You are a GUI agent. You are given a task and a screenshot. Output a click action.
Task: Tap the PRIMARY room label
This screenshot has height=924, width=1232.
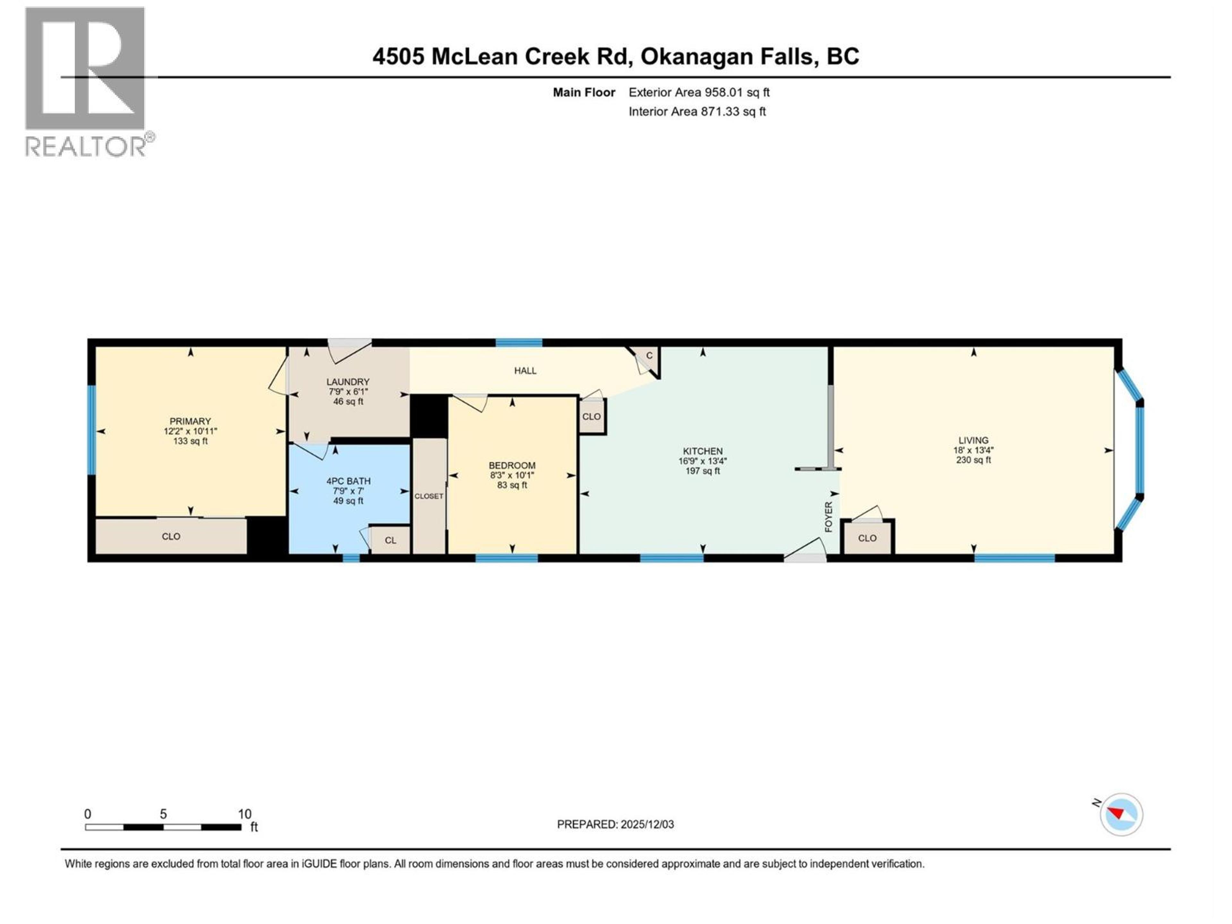pyautogui.click(x=191, y=421)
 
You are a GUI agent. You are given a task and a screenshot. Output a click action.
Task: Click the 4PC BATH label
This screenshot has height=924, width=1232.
pyautogui.click(x=348, y=481)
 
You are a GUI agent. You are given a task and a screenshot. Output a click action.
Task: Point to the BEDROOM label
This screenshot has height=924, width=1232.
pyautogui.click(x=512, y=465)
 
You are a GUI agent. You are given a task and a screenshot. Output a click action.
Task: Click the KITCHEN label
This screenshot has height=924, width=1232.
pyautogui.click(x=702, y=451)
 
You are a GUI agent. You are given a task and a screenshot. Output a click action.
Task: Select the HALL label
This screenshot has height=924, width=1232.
pyautogui.click(x=525, y=370)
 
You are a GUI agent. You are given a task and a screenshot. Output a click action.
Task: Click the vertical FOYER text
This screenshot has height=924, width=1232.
pyautogui.click(x=828, y=516)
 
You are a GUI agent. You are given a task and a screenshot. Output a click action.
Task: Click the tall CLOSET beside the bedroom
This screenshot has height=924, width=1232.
pyautogui.click(x=429, y=496)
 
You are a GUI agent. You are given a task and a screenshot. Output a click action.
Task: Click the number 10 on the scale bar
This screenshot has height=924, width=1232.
pyautogui.click(x=244, y=814)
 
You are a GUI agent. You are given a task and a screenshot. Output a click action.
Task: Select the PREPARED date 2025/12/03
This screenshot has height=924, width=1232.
pyautogui.click(x=615, y=824)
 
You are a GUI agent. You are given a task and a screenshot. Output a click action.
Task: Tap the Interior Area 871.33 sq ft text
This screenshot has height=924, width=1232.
pyautogui.click(x=697, y=111)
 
